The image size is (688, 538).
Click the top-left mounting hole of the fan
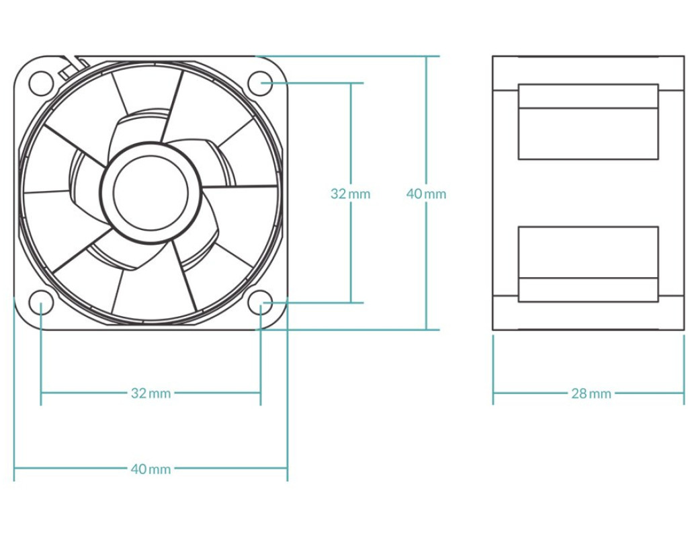tap(41, 83)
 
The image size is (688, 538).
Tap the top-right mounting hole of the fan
tap(260, 83)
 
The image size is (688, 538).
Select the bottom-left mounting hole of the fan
tap(41, 302)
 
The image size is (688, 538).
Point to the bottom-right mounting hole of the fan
tap(260, 302)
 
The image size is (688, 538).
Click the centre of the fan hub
tap(150, 192)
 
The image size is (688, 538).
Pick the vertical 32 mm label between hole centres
tap(350, 194)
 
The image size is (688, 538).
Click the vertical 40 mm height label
tap(426, 194)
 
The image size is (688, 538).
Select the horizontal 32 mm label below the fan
tap(150, 393)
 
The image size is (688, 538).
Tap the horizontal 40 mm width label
tap(150, 469)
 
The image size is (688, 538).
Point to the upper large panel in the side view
tap(588, 133)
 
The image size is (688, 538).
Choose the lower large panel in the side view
tap(588, 252)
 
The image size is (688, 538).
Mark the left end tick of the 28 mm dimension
tap(493, 393)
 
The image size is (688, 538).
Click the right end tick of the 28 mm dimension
tap(684, 393)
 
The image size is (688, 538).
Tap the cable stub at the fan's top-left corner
tap(75, 64)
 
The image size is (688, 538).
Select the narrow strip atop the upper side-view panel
tap(588, 95)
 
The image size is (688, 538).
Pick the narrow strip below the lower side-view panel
tap(588, 289)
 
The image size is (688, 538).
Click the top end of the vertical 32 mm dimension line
tap(350, 83)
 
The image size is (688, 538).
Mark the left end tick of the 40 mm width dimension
tap(14, 469)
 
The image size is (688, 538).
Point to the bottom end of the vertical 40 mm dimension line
tap(426, 330)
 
